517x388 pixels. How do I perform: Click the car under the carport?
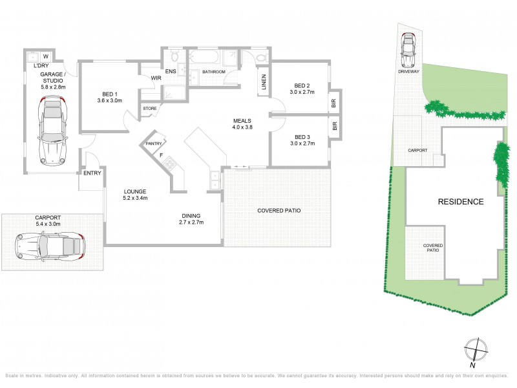[50, 246]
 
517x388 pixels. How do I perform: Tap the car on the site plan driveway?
[408, 51]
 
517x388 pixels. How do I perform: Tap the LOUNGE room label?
[136, 191]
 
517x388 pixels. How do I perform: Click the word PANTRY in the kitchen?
[153, 144]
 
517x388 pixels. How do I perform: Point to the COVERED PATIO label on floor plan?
[279, 211]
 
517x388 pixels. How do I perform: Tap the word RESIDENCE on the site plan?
[461, 202]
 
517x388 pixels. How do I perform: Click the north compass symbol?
[476, 349]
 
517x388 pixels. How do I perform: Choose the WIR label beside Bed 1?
[156, 78]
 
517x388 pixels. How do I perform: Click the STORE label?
[150, 109]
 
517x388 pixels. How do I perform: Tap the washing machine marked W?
[46, 56]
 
